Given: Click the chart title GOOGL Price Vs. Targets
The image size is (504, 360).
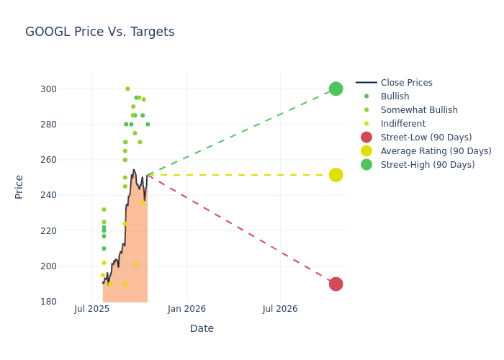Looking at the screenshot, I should coord(99,32).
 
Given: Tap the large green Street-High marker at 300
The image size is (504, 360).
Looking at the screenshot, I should coord(336,89).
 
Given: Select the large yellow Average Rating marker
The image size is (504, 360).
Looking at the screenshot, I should coord(336,175).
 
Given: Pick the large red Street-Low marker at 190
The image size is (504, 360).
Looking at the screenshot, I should coord(336,284).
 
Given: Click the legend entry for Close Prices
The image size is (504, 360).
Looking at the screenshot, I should coord(406,83).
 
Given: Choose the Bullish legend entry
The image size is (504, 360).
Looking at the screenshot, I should coord(395,96).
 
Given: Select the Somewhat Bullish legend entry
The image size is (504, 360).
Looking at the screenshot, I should coord(419,110).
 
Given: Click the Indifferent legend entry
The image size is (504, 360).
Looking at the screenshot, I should coord(400,124).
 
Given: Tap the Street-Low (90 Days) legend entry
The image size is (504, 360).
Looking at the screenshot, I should coord(426,138).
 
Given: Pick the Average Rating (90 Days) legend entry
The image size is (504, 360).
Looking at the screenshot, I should coord(436,151).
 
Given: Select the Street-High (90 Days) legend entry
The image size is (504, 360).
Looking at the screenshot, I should coord(428,165).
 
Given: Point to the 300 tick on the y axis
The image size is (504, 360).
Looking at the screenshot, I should coord(68,89).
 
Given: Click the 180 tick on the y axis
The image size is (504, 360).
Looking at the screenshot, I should coord(68,302).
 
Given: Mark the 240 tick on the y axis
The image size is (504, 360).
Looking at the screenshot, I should coord(68,195).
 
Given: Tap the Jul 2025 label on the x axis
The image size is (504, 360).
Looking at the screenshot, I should coord(91,309).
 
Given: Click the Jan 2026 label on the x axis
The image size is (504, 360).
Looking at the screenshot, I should coord(186,309).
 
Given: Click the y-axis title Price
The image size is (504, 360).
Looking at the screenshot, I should coord(19,186).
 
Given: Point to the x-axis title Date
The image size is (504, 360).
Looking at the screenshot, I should coord(202,328).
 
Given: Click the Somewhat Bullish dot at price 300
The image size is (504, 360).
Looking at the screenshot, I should coord(127,89).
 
